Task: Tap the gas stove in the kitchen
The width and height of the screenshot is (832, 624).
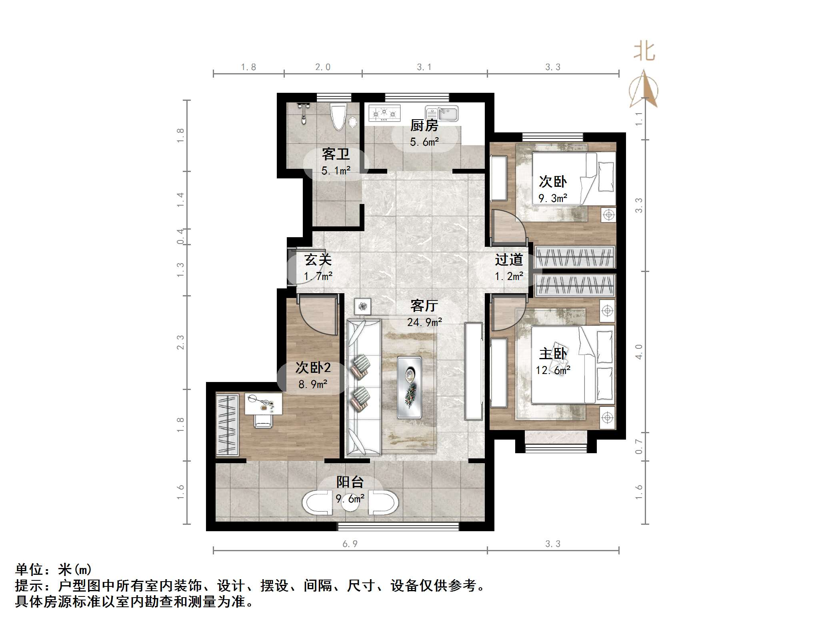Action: pyautogui.click(x=384, y=113)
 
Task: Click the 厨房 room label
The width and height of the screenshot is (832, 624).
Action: pyautogui.click(x=424, y=126)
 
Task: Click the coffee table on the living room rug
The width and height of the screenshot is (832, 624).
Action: pyautogui.click(x=409, y=387)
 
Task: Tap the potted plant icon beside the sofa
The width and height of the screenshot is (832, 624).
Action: pyautogui.click(x=362, y=307)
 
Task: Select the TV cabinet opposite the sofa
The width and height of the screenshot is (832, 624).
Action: pyautogui.click(x=473, y=371)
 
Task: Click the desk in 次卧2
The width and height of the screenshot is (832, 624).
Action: pyautogui.click(x=263, y=403)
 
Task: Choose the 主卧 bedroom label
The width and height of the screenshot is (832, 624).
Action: pyautogui.click(x=553, y=354)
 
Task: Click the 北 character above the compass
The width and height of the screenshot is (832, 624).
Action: pyautogui.click(x=644, y=52)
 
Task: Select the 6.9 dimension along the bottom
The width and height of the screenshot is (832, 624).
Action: pyautogui.click(x=350, y=544)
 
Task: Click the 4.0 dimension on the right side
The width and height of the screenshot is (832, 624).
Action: pyautogui.click(x=639, y=352)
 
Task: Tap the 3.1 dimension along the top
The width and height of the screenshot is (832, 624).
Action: pyautogui.click(x=424, y=67)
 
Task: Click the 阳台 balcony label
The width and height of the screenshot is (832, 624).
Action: pyautogui.click(x=350, y=482)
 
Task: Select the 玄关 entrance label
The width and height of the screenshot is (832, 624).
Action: pyautogui.click(x=318, y=260)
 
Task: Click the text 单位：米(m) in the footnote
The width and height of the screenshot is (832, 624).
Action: pyautogui.click(x=54, y=569)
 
